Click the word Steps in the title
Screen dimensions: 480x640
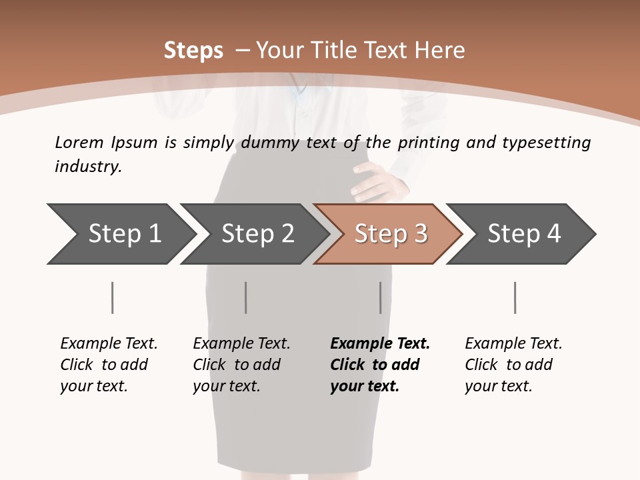pyautogui.click(x=193, y=51)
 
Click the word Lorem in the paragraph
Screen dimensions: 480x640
pyautogui.click(x=79, y=142)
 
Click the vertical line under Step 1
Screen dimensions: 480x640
pyautogui.click(x=113, y=297)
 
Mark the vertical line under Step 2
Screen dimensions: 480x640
pyautogui.click(x=246, y=297)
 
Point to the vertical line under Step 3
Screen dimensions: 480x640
pyautogui.click(x=381, y=297)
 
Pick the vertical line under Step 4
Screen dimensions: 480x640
pyautogui.click(x=515, y=297)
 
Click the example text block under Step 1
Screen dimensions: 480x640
pyautogui.click(x=109, y=365)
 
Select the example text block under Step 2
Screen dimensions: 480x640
pyautogui.click(x=241, y=365)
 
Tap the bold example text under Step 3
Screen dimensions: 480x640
pyautogui.click(x=380, y=365)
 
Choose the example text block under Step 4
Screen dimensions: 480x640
pyautogui.click(x=513, y=365)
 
